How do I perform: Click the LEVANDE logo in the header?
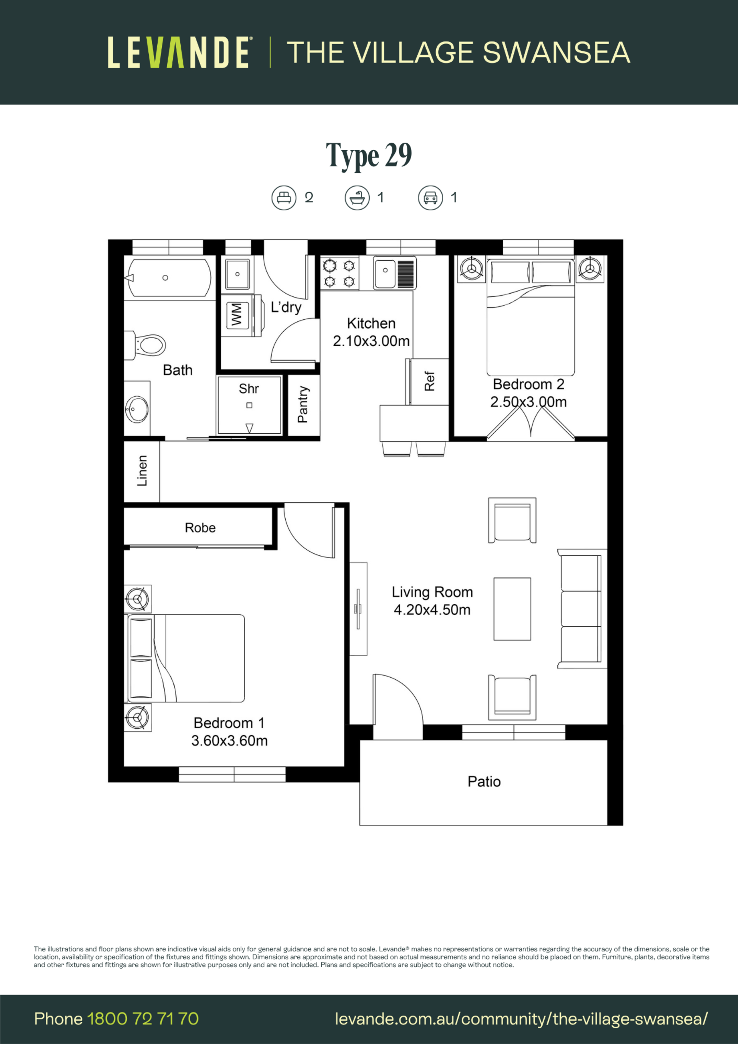tap(179, 52)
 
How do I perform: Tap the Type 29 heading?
tap(369, 156)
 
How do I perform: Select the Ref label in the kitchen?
tap(430, 381)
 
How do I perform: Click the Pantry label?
tap(303, 404)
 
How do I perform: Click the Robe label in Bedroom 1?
tap(200, 527)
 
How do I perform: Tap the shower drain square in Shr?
tap(249, 405)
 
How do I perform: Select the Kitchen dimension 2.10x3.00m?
tap(371, 341)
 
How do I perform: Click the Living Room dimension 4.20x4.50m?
tap(432, 610)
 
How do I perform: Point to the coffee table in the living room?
tap(512, 609)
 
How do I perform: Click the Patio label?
tap(484, 781)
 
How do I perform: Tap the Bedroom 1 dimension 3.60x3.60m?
tap(229, 741)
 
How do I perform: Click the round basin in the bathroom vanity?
tap(137, 409)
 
